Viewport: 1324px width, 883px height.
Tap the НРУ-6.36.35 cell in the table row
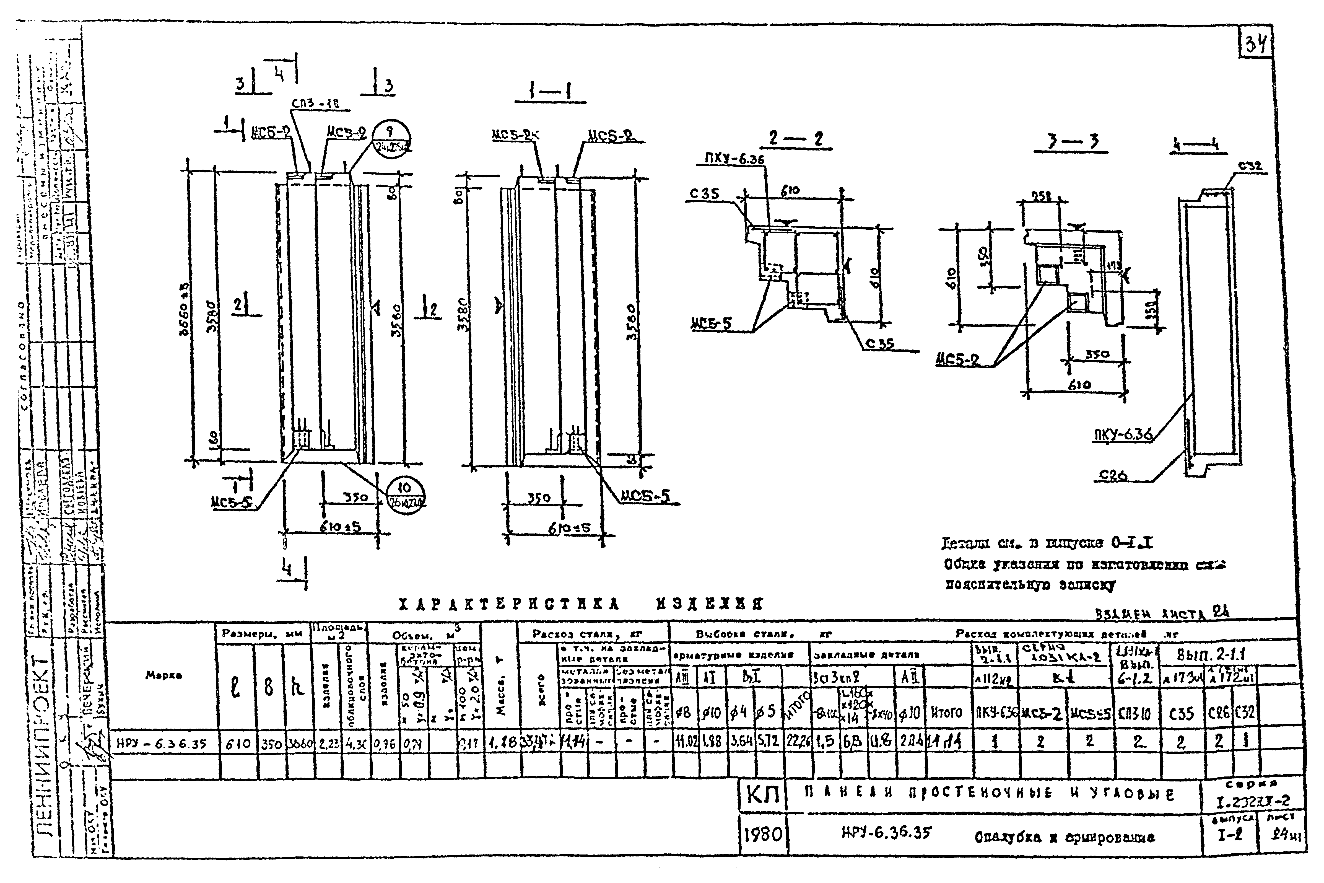[162, 744]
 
